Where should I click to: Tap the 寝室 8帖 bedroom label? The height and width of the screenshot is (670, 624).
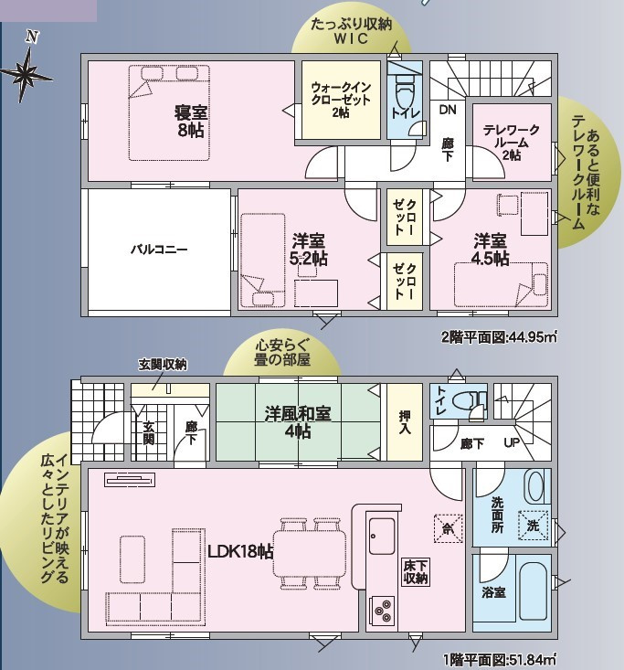190,121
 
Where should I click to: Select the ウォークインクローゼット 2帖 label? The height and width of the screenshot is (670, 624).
341,100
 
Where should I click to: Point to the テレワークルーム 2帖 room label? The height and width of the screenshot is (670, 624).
512,143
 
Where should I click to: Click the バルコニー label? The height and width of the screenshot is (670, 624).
159,249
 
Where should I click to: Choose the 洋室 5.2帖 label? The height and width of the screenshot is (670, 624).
309,250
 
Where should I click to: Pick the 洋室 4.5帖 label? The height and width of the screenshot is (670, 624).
490,250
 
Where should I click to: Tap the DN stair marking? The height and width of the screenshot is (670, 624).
448,110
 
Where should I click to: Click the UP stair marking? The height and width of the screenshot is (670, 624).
512,442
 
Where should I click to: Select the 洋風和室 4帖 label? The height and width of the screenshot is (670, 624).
298,422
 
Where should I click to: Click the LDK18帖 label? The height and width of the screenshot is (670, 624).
240,551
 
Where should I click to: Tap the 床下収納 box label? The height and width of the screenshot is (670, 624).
416,572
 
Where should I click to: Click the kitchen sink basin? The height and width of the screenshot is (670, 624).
382,537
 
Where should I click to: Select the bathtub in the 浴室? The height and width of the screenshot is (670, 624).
534,592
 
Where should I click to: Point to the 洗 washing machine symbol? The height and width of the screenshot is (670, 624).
532,526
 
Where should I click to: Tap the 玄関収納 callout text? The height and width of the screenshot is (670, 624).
163,365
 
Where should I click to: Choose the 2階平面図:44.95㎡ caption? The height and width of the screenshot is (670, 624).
499,337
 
